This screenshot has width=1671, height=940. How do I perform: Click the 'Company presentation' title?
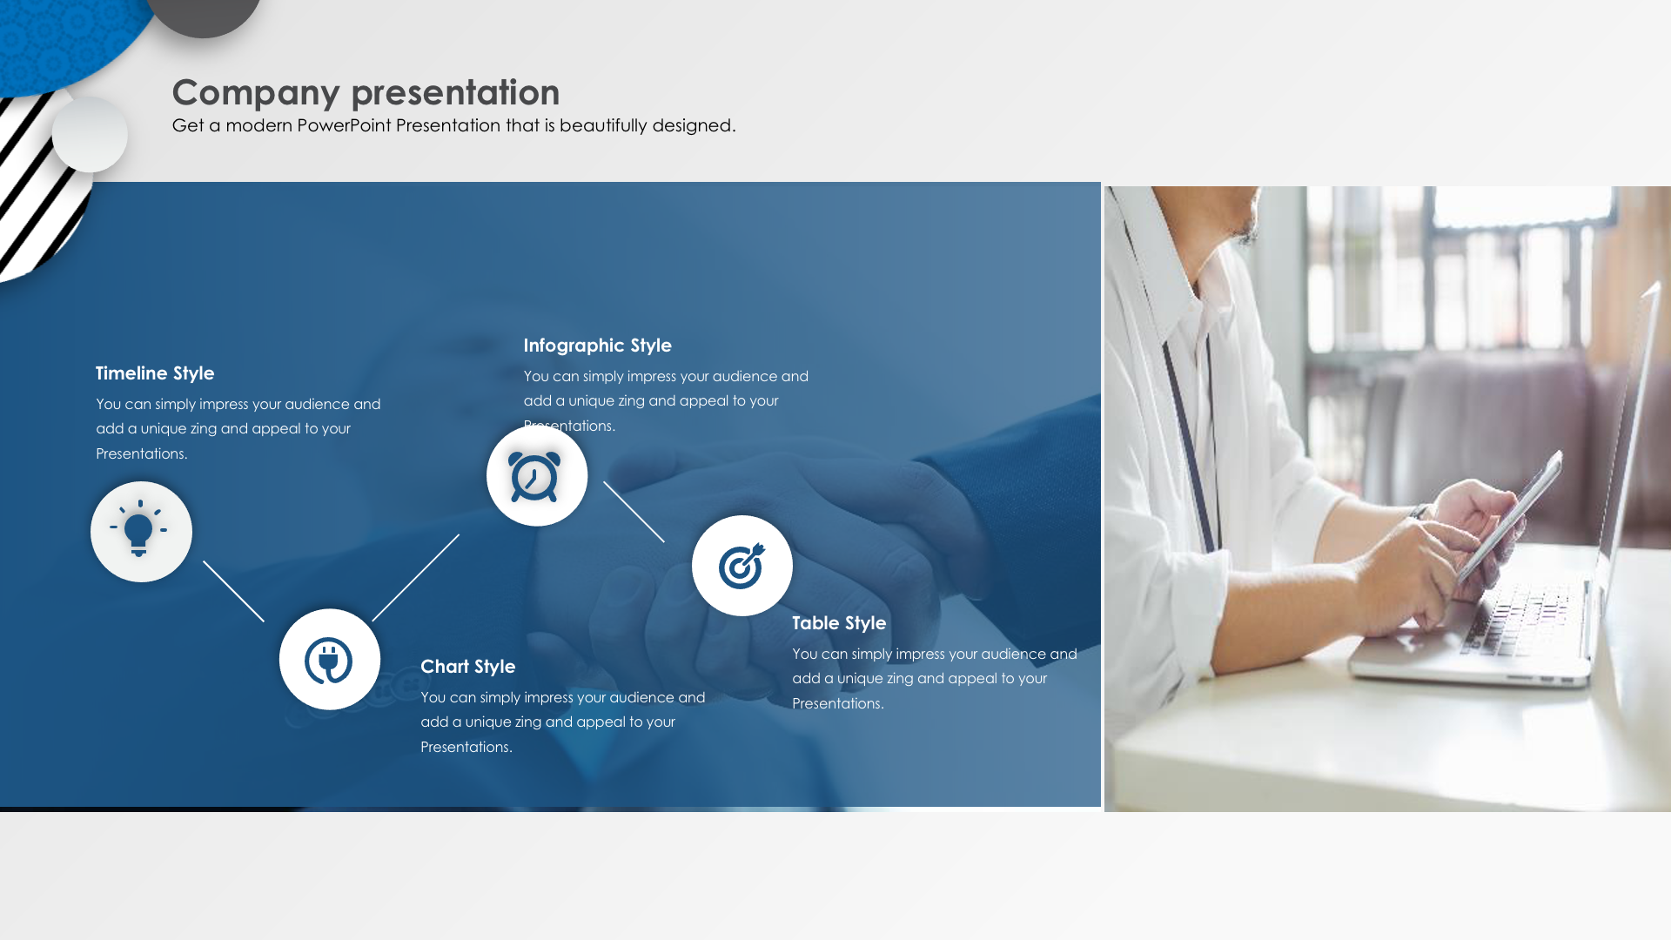366,92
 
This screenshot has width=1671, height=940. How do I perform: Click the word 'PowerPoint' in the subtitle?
344,125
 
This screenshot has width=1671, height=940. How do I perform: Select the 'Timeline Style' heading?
155,373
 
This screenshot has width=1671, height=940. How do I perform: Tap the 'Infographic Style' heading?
597,346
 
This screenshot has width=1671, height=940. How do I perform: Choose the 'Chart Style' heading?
467,667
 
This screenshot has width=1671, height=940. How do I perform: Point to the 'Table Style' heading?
839,623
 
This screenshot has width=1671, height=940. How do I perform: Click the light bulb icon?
138,528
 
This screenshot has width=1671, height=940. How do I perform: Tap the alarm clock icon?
534,477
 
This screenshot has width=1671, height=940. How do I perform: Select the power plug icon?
328,661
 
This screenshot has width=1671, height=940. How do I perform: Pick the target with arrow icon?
742,566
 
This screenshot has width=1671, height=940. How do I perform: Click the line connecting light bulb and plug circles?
233,591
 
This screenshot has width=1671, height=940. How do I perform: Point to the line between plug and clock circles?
416,577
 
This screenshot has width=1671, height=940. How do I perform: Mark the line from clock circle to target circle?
634,512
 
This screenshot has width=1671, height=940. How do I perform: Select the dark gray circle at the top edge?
203,16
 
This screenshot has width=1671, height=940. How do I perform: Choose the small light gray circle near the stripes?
90,135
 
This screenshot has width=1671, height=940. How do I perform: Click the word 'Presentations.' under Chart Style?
466,748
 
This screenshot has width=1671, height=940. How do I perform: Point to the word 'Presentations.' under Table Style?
838,704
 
